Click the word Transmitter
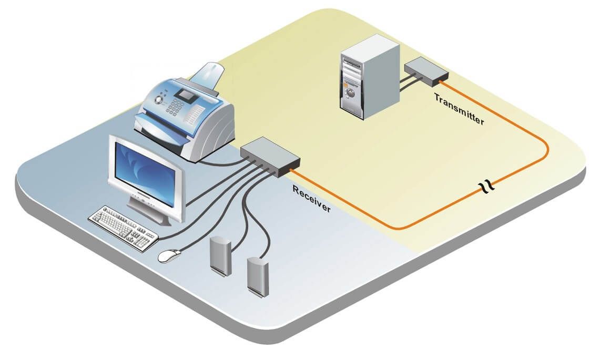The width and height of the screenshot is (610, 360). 459,109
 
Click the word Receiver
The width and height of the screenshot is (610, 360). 312,199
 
